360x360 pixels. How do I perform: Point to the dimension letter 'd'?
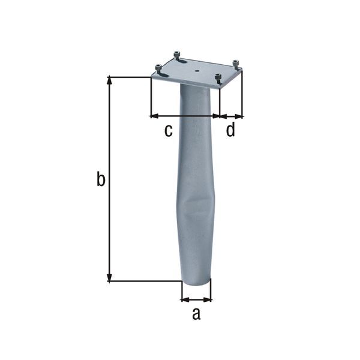click(230, 130)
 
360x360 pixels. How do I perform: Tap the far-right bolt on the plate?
click(236, 63)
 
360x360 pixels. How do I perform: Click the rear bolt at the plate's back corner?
click(178, 55)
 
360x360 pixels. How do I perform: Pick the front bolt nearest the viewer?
click(218, 77)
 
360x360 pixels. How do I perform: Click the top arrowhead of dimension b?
click(109, 80)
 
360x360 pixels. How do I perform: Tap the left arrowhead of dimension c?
click(154, 115)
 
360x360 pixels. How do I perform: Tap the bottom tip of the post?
click(196, 287)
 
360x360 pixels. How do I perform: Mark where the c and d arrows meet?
click(219, 115)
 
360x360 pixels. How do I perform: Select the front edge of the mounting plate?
click(186, 83)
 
